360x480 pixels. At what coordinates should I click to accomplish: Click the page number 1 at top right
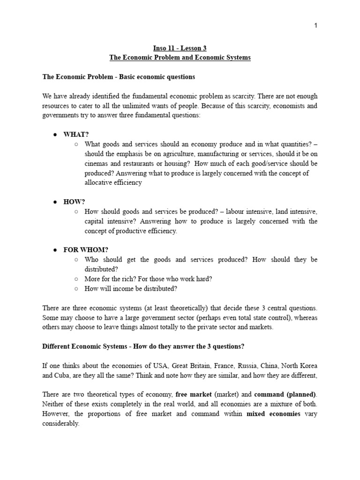(x=316, y=26)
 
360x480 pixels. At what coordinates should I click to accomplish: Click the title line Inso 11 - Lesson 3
(x=180, y=48)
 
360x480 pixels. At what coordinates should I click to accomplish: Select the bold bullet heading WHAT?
(x=76, y=135)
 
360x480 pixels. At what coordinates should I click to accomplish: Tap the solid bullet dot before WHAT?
(x=55, y=135)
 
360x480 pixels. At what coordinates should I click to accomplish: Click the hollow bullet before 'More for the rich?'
(x=76, y=279)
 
